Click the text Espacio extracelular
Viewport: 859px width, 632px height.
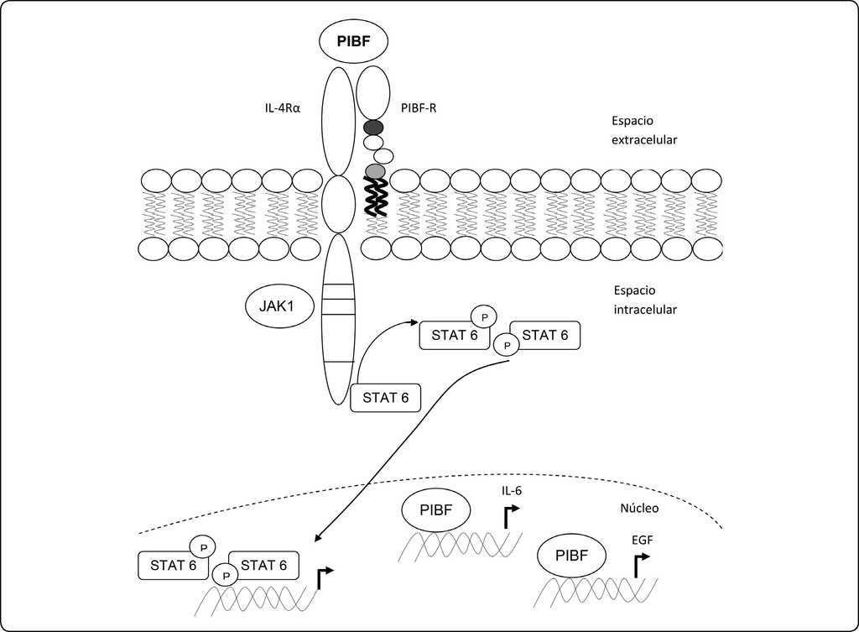click(644, 130)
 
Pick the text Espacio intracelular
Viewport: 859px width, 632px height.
click(644, 300)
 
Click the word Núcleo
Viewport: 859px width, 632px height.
click(639, 508)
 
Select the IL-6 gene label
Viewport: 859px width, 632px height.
click(511, 490)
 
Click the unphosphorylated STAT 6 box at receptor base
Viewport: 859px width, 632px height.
click(386, 397)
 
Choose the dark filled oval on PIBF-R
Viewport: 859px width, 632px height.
click(373, 128)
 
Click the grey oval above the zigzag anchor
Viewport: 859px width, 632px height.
click(375, 171)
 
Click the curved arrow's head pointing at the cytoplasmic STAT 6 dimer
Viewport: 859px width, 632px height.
click(414, 321)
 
